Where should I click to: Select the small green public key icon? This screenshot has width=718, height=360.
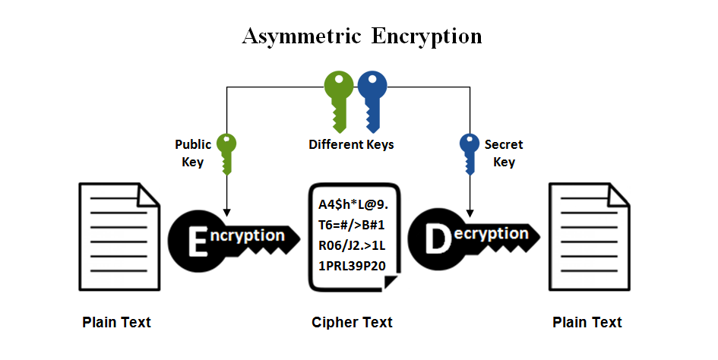tap(226, 152)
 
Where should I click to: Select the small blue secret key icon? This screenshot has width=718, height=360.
tap(470, 152)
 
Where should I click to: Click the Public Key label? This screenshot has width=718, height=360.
tap(193, 153)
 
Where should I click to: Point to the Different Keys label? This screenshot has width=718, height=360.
tap(351, 144)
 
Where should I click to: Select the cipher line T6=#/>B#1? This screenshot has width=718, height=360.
tap(353, 226)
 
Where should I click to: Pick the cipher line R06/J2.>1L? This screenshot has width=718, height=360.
tap(353, 246)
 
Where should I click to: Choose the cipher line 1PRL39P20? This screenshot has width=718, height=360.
tap(353, 267)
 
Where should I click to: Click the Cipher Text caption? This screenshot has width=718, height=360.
tap(352, 322)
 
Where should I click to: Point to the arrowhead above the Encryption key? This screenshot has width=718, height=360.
tap(226, 210)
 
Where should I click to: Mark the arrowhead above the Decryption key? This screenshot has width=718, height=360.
tap(470, 210)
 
